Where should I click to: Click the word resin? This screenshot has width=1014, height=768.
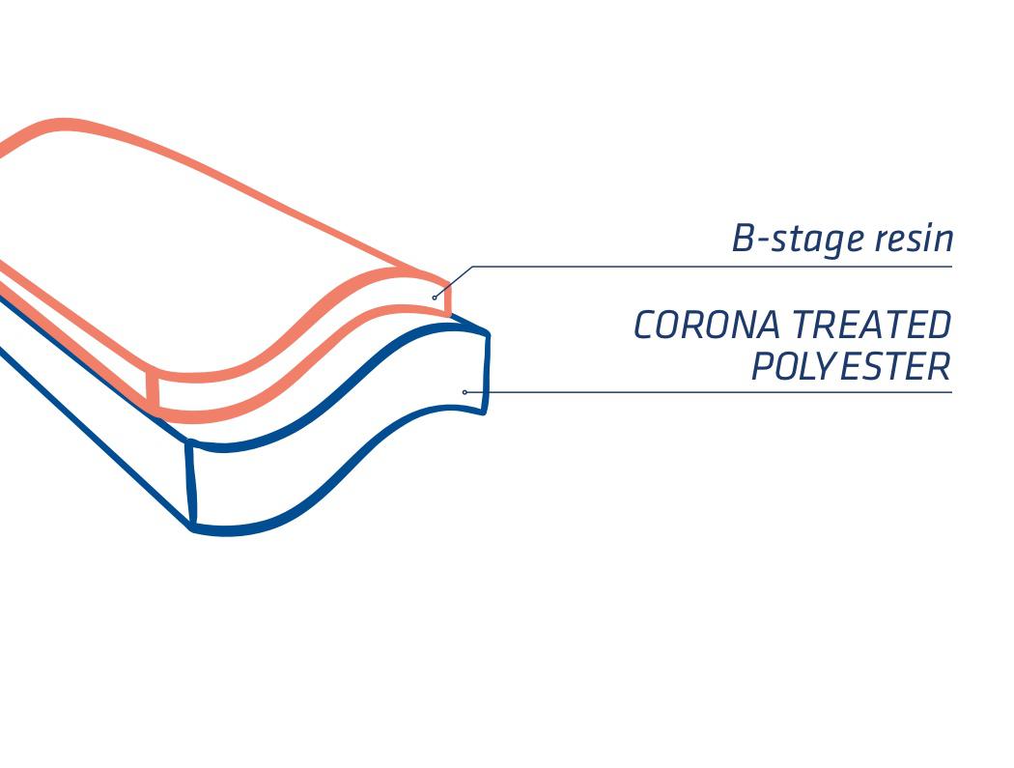[915, 238]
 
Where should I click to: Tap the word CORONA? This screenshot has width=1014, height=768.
[706, 325]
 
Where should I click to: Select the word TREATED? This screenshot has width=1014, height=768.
[871, 325]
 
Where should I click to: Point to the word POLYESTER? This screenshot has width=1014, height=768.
[851, 366]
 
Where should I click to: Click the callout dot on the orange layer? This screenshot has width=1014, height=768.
[435, 298]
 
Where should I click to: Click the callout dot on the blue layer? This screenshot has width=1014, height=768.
[465, 392]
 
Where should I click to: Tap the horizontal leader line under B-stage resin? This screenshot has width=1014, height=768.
[713, 267]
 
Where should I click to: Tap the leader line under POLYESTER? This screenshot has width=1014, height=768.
[708, 392]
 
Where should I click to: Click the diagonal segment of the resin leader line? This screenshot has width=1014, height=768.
[454, 281]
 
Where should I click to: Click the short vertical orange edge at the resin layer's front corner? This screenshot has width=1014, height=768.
[153, 389]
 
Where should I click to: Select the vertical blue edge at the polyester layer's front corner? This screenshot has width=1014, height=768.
[191, 483]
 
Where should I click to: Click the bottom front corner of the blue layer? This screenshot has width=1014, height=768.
[193, 528]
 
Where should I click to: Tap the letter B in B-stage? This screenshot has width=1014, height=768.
[743, 238]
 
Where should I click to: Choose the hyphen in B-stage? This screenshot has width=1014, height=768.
[763, 242]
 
